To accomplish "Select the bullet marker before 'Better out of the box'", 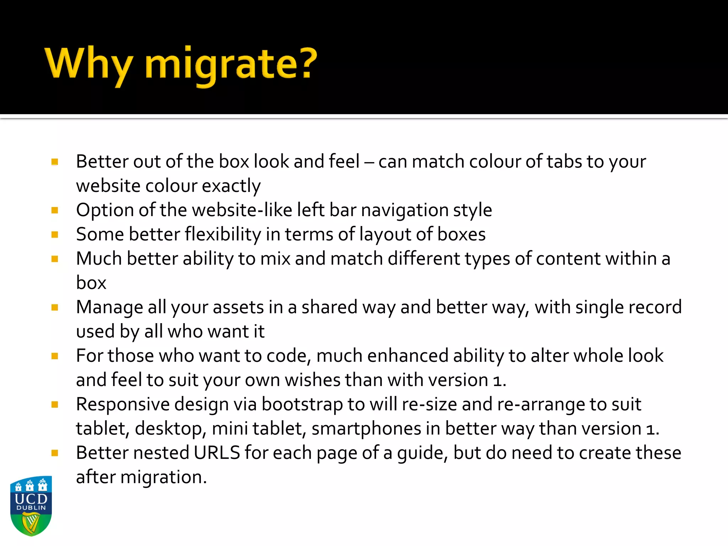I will point(55,162).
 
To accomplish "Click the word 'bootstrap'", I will point(302,405).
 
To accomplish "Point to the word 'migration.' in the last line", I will point(164,477).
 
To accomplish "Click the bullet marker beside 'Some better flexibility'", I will point(55,235).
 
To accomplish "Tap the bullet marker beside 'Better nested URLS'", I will point(55,453).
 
